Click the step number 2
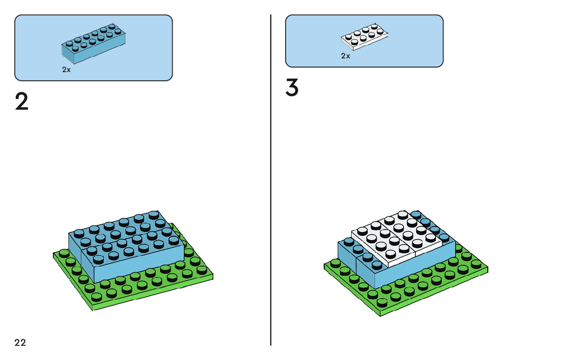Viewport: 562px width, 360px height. (x=22, y=103)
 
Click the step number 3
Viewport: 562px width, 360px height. (x=292, y=88)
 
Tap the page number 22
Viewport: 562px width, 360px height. (x=20, y=343)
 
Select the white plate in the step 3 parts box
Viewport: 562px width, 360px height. (x=364, y=37)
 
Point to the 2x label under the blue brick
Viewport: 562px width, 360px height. (x=67, y=70)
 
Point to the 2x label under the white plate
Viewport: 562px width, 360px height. (x=346, y=56)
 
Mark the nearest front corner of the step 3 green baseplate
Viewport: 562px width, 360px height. (x=380, y=314)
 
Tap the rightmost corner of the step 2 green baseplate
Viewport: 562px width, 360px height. (x=212, y=276)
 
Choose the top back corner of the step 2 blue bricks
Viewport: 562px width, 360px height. (x=159, y=211)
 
